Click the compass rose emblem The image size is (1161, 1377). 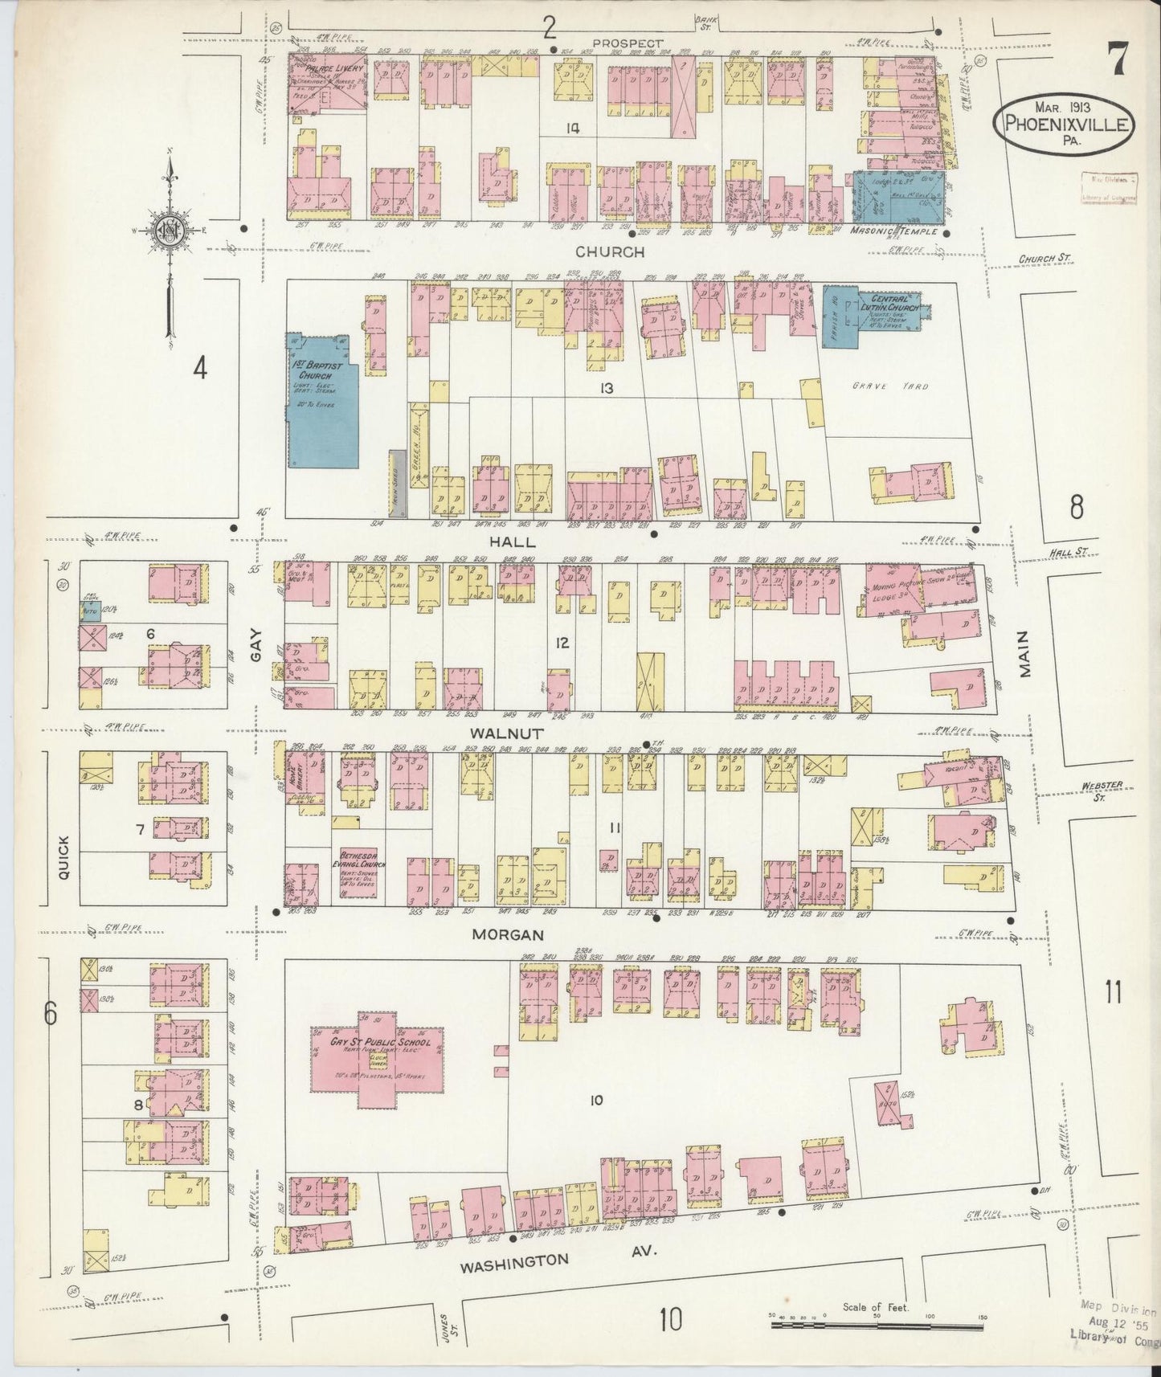170,228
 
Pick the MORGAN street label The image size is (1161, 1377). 508,934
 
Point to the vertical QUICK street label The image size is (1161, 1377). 64,859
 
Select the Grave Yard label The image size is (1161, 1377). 901,386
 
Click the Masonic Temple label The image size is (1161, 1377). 893,231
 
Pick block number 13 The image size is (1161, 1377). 605,388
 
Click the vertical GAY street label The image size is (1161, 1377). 256,654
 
